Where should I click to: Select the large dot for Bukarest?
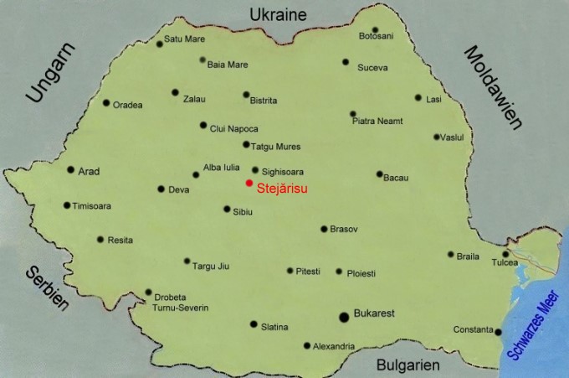[344, 316]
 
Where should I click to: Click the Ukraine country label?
[279, 14]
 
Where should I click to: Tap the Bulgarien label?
[408, 365]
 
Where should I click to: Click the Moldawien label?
[493, 87]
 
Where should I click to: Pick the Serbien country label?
[46, 288]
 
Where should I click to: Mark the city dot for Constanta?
[498, 332]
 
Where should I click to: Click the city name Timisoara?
[92, 206]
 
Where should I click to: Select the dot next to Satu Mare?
[159, 44]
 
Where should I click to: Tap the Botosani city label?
[376, 37]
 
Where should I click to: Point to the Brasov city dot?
[324, 229]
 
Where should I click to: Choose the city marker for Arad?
[70, 169]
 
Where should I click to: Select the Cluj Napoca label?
[233, 129]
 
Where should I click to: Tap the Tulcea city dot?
[505, 254]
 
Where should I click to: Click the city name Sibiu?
[242, 213]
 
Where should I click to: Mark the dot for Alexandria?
[307, 345]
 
